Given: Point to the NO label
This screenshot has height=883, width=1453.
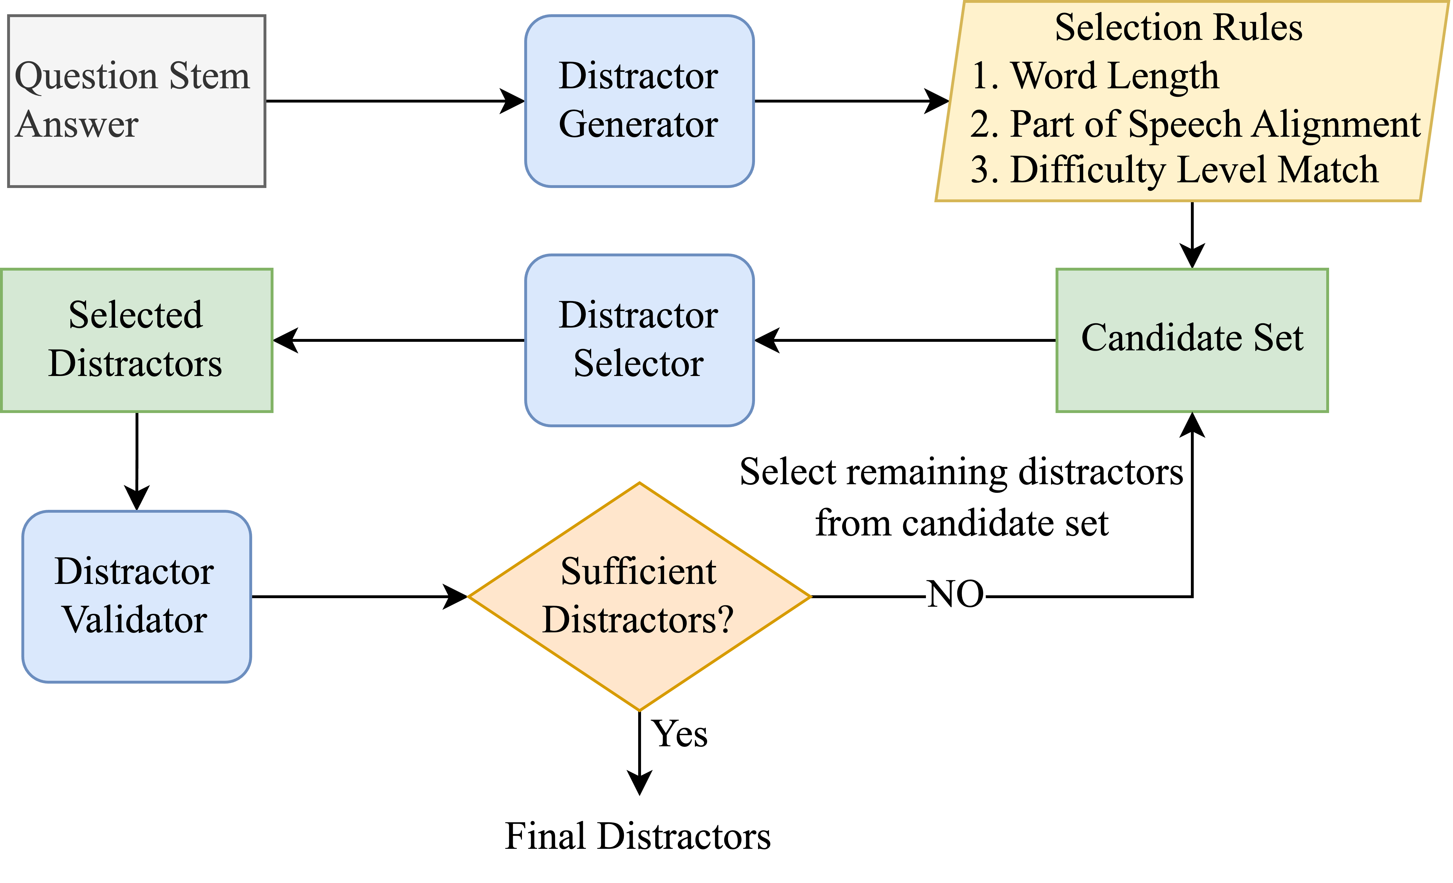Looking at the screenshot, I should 955,595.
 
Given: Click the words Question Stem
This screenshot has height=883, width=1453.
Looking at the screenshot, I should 132,77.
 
